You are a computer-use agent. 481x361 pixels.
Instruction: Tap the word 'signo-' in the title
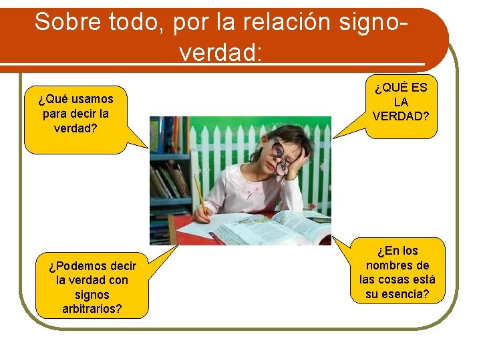(x=367, y=22)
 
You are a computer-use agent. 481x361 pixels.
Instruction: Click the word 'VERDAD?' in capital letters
(x=401, y=116)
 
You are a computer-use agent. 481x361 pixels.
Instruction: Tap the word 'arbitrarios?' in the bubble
(x=92, y=309)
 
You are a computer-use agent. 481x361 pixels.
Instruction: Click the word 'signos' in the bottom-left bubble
(x=92, y=295)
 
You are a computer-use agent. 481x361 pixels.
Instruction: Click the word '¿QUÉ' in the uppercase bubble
(x=388, y=88)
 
